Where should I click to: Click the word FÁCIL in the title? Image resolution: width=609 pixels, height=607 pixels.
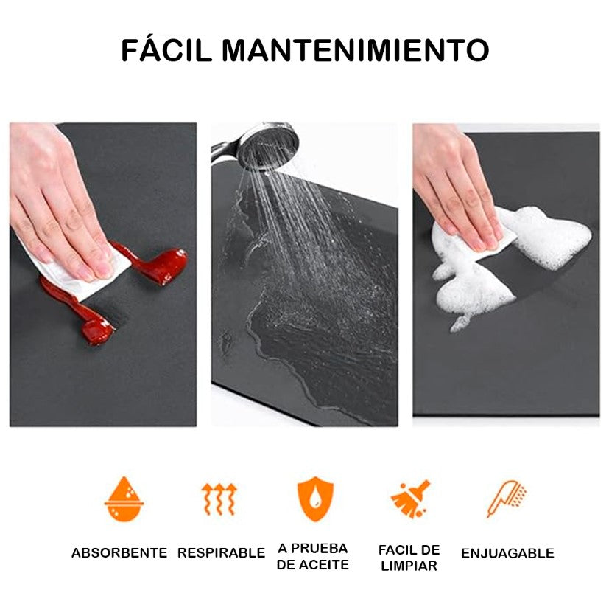[x=167, y=50]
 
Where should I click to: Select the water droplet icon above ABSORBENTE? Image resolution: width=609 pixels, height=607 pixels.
[x=124, y=499]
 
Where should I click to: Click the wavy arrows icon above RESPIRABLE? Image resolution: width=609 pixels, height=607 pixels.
[x=219, y=499]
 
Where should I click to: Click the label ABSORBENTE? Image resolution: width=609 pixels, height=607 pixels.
[x=119, y=552]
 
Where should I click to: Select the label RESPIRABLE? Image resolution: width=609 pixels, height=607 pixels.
[x=221, y=552]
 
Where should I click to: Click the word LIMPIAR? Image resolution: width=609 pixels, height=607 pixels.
[x=409, y=566]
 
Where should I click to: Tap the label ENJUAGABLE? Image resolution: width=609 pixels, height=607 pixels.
[x=507, y=553]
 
